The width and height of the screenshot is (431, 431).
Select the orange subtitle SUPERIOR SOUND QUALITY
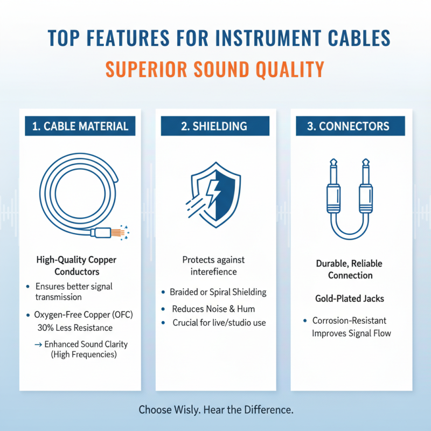pos(214,69)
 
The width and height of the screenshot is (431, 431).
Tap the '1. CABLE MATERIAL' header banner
pos(80,127)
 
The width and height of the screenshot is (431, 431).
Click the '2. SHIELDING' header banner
pos(214,127)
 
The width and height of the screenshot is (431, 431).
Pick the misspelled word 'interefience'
pos(214,272)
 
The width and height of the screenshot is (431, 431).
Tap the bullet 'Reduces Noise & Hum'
pos(213,309)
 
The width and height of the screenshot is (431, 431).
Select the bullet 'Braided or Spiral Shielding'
pos(218,292)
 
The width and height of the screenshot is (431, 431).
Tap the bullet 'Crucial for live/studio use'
pos(219,323)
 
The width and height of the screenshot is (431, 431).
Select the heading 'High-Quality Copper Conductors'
pos(76,266)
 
